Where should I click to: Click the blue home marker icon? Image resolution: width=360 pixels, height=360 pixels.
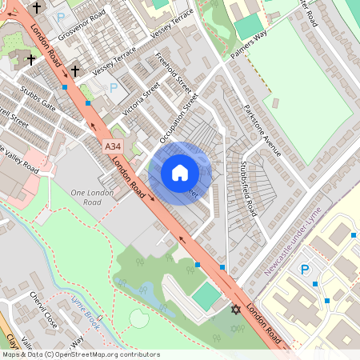click(180, 173)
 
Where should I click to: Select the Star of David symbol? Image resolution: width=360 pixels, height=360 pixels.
click(235, 309)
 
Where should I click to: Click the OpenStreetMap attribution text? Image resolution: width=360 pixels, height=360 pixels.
click(80, 354)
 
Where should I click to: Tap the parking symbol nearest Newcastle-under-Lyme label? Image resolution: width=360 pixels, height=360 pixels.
click(304, 270)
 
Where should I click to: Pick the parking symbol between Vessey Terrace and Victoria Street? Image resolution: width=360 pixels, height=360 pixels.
click(113, 86)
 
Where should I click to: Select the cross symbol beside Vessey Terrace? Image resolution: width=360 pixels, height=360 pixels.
click(75, 71)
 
